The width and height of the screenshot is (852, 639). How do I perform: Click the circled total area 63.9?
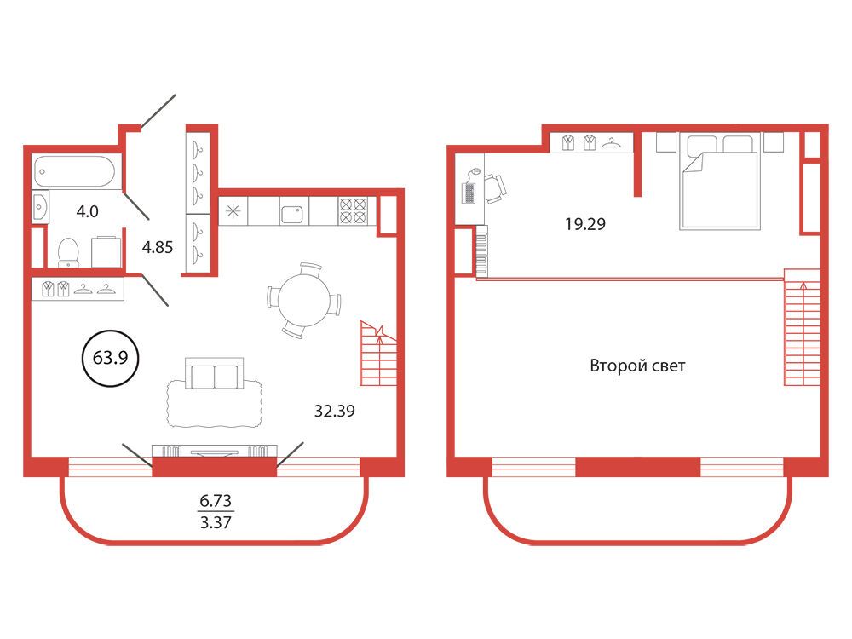coord(110,358)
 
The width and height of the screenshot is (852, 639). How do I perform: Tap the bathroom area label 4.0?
coord(87,211)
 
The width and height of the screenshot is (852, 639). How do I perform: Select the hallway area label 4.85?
coord(158,248)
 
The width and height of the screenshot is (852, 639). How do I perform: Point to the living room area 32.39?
coord(335,411)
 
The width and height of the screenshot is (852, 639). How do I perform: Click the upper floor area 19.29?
coord(585,224)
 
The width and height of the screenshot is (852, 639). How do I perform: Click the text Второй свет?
coord(637,366)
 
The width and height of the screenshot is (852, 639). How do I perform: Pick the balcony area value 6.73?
coord(216,500)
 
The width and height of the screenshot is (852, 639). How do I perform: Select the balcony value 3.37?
coord(216,523)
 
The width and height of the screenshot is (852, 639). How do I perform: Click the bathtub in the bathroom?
coord(75,171)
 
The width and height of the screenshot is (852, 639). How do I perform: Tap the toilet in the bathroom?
coord(68,253)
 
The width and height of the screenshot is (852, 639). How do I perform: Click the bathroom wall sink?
coord(41,206)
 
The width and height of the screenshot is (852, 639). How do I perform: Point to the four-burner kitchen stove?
coord(352,210)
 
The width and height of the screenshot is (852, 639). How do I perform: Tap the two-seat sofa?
coord(215,373)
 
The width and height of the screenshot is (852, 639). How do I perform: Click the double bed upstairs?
coord(718,182)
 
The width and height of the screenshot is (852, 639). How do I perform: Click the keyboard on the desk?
coord(469,193)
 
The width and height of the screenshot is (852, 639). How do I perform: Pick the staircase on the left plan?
coord(378,354)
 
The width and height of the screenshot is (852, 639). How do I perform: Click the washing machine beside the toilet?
coord(106,251)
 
